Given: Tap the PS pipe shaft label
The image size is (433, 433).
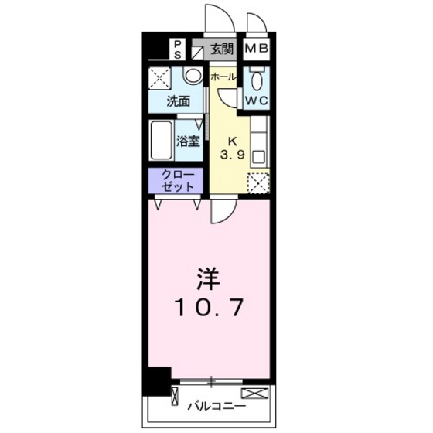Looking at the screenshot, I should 177,49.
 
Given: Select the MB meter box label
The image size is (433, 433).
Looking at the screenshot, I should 257,50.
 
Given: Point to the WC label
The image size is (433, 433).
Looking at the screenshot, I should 257,101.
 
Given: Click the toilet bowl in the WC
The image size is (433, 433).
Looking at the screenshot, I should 257,80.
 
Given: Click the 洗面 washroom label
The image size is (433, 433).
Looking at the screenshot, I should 178,101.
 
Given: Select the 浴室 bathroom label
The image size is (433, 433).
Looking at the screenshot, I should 188,142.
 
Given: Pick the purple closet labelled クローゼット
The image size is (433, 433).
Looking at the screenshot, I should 177,180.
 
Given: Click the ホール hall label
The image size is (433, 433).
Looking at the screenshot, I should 223,77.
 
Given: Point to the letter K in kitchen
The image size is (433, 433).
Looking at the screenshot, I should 231,140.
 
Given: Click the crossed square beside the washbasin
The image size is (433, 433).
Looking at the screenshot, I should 162,79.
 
